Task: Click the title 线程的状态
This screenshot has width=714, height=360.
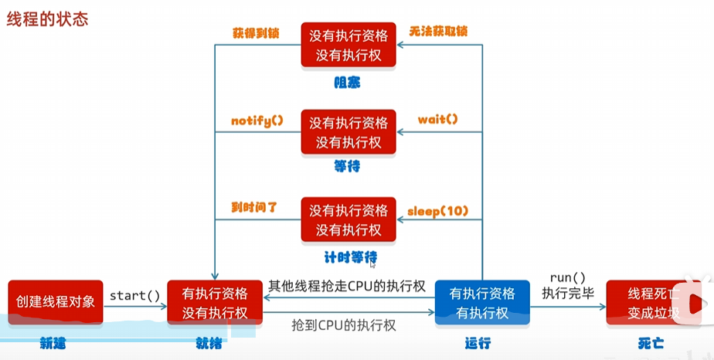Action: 47,19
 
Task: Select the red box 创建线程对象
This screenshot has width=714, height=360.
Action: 56,302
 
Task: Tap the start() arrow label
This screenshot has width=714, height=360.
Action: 134,295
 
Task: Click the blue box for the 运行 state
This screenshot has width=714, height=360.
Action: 482,302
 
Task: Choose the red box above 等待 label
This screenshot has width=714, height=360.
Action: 348,132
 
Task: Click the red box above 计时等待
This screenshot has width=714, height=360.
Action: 348,219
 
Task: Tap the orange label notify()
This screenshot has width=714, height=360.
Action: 257,121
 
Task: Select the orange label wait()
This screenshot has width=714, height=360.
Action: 438,120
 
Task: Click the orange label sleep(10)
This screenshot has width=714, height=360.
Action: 438,210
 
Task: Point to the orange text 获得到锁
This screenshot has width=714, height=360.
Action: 256,32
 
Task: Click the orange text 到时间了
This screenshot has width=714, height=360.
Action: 254,208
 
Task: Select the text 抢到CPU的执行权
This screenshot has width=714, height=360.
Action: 344,325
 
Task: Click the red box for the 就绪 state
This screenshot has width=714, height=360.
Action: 215,302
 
